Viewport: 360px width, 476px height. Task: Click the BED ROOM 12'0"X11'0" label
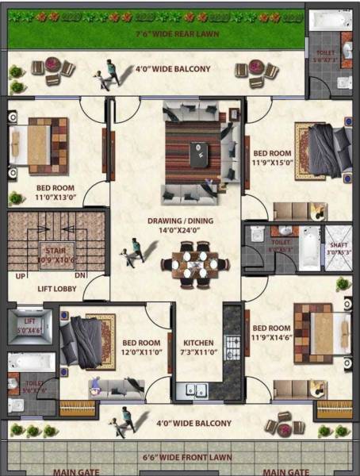click(x=140, y=347)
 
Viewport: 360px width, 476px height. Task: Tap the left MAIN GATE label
click(x=77, y=471)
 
